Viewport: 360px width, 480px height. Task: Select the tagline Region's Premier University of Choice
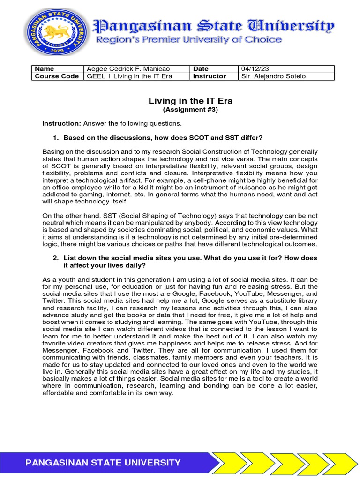[189, 40]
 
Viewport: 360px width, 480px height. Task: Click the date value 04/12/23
[253, 69]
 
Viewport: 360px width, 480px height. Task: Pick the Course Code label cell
[57, 76]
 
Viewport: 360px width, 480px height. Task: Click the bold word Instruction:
[62, 123]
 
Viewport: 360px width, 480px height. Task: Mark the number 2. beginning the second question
[55, 258]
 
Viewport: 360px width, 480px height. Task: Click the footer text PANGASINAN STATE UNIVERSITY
[103, 463]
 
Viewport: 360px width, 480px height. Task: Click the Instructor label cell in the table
[209, 76]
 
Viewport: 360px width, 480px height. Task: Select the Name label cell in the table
[45, 69]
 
